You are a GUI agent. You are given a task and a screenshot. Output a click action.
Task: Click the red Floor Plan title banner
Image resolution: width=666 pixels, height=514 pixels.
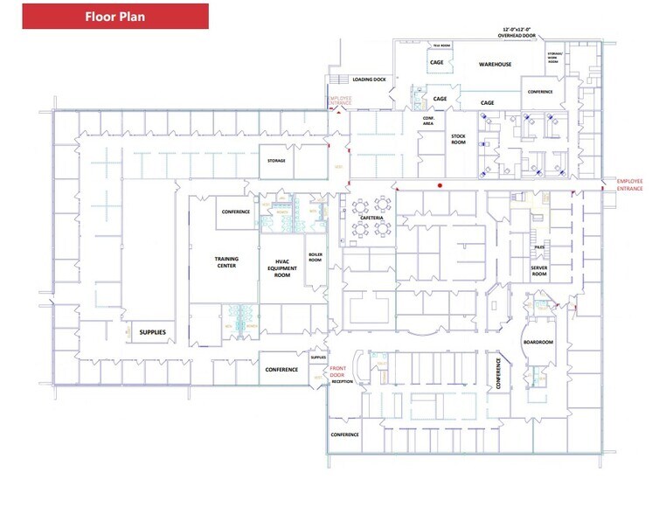tap(114, 16)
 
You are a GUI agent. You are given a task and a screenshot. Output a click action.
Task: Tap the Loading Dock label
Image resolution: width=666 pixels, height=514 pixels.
tap(369, 80)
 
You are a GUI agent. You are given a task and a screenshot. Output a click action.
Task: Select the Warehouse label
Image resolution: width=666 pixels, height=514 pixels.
tap(494, 64)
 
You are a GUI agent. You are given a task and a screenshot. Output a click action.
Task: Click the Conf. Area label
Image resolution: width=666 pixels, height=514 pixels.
tap(428, 121)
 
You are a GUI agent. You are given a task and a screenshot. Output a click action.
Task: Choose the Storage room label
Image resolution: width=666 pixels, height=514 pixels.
tap(276, 160)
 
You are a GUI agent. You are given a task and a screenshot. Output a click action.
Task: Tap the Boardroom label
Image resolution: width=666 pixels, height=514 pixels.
tap(538, 342)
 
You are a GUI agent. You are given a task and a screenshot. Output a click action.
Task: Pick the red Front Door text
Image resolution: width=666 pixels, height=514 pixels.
tap(337, 372)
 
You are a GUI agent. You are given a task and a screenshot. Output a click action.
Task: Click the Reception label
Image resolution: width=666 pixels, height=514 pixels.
tap(342, 382)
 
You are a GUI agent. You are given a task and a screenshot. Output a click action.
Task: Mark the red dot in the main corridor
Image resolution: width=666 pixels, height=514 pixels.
tap(440, 185)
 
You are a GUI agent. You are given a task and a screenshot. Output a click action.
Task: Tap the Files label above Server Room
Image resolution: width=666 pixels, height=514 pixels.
tap(539, 247)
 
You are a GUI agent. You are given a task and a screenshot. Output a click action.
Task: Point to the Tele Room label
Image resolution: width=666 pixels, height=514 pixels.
tap(441, 45)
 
